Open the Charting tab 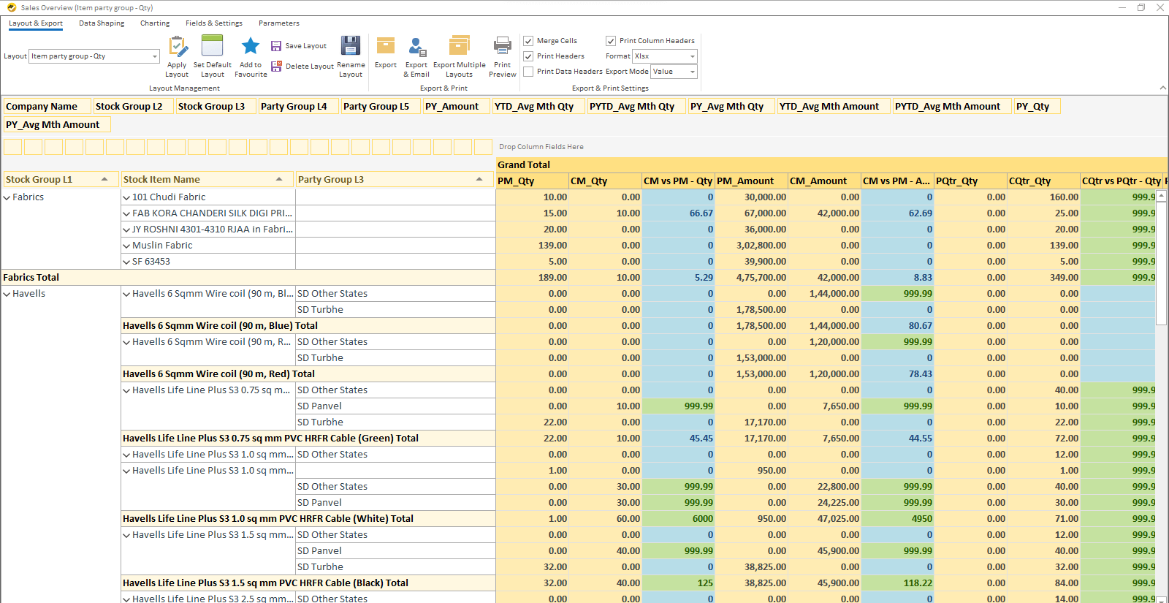pyautogui.click(x=155, y=23)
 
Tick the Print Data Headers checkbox pyautogui.click(x=528, y=72)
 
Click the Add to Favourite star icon pyautogui.click(x=251, y=46)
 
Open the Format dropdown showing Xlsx pyautogui.click(x=664, y=56)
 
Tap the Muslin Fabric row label pyautogui.click(x=162, y=246)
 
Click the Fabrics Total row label pyautogui.click(x=31, y=278)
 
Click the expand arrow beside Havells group pyautogui.click(x=7, y=294)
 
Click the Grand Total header pyautogui.click(x=524, y=165)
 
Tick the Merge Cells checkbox pyautogui.click(x=528, y=41)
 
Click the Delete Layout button pyautogui.click(x=302, y=67)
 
